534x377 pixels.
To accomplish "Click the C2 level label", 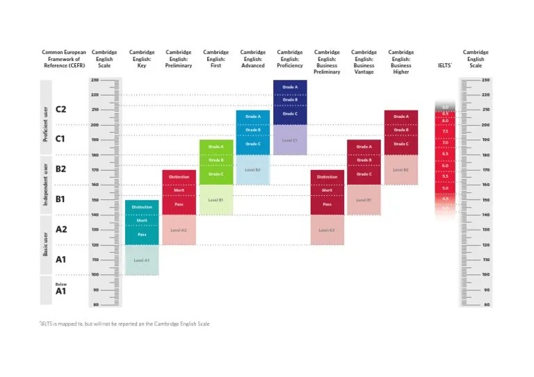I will tap(61, 109).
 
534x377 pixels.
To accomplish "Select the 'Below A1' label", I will tap(61, 288).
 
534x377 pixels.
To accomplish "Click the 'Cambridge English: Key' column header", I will tap(142, 59).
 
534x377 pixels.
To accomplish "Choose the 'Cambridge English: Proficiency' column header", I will tap(290, 59).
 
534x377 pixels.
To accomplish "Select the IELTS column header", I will tap(444, 65).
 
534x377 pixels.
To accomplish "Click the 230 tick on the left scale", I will tap(95, 80).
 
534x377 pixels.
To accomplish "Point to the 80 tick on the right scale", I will tap(486, 305).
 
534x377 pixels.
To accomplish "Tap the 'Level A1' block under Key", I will tap(142, 260).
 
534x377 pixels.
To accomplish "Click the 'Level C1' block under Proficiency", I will tap(290, 140).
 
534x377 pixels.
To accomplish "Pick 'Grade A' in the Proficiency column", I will tap(290, 87).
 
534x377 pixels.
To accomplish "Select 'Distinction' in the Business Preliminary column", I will tap(327, 177).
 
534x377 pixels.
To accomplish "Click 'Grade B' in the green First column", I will tap(216, 160).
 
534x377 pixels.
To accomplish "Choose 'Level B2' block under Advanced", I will tap(253, 169).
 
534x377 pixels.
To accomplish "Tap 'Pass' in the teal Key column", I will tap(142, 235).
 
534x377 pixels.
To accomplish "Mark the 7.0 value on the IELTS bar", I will tap(445, 142).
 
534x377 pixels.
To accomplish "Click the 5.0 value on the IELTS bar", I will tap(445, 188).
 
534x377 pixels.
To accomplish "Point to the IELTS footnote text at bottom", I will tap(124, 324).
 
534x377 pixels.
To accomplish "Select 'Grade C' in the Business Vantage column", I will tap(364, 174).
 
